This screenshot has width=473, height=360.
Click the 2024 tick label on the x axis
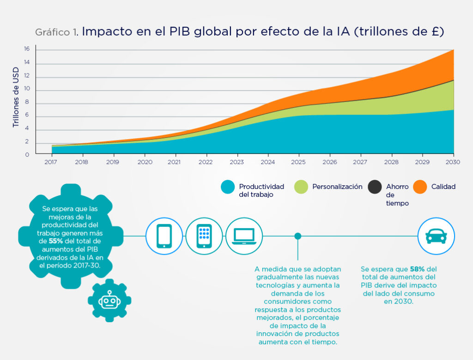268,163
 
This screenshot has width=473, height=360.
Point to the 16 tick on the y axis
27,49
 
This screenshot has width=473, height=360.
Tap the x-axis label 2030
453,163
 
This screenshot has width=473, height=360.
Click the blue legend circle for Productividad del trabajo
228,187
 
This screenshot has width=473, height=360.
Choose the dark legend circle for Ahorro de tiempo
375,187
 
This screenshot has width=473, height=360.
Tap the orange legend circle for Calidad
420,187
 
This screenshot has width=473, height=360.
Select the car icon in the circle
436,236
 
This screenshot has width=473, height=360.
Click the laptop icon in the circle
244,236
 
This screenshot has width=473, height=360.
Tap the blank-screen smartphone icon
164,236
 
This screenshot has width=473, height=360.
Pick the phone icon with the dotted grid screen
204,236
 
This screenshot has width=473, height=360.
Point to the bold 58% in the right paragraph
418,269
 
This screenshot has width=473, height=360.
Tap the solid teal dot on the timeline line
298,236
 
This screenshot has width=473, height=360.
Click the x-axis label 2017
51,163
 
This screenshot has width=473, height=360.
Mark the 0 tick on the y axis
27,154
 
